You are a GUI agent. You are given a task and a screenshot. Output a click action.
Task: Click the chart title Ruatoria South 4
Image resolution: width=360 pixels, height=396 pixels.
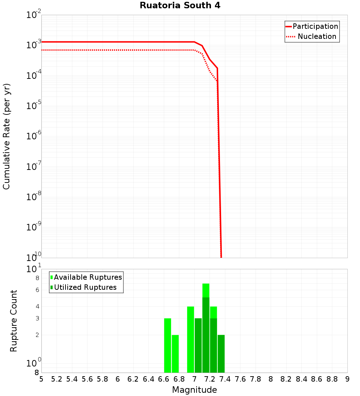tap(180, 6)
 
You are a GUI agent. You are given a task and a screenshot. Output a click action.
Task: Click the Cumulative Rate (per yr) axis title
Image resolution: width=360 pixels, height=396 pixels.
tap(6, 136)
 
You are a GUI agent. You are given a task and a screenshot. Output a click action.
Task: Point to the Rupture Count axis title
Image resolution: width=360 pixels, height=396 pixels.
tap(14, 321)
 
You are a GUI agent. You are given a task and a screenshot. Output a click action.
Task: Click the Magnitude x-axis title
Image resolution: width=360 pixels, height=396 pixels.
tap(194, 390)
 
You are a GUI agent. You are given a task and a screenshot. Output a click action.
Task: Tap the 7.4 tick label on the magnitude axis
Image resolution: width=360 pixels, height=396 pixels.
tap(225, 379)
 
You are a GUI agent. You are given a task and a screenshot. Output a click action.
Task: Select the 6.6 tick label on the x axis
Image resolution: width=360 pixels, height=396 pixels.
tap(164, 379)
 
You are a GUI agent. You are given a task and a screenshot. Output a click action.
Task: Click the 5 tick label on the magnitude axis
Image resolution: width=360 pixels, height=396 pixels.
tap(41, 379)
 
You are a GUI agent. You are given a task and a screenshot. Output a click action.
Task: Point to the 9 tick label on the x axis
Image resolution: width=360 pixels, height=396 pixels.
tap(347, 379)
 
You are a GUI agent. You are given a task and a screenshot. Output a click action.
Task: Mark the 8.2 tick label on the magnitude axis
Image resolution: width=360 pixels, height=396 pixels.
tap(286, 379)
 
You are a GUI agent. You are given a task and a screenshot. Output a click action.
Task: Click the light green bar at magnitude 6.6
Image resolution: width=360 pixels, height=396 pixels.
tap(167, 346)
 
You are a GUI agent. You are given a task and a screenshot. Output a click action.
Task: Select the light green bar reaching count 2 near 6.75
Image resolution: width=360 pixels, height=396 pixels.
tap(175, 354)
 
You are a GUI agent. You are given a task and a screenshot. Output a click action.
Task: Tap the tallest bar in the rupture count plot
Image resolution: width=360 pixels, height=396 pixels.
tap(206, 328)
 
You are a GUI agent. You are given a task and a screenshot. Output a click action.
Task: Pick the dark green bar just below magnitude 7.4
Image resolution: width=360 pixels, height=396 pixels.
tap(221, 354)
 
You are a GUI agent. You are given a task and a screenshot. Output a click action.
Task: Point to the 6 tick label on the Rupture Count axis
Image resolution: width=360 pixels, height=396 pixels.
tap(37, 290)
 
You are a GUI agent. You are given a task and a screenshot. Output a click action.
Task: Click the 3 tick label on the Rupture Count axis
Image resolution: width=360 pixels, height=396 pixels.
tap(37, 318)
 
